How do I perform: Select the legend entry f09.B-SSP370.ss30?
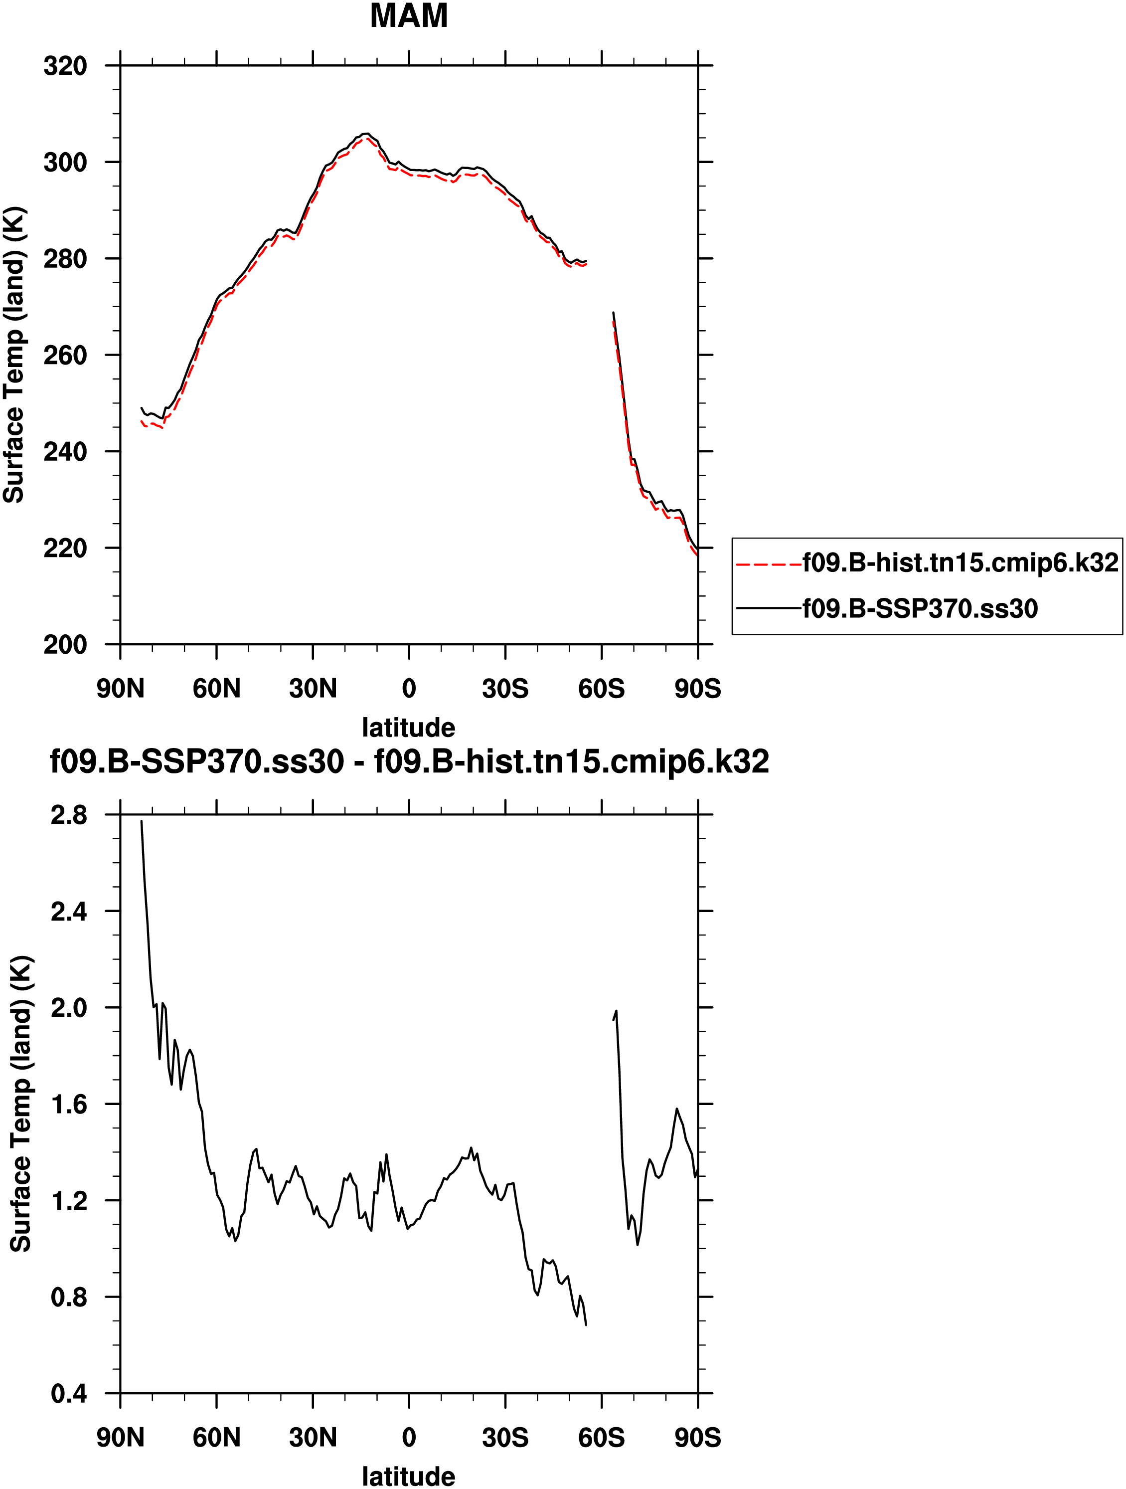(919, 608)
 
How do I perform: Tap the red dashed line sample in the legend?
(769, 564)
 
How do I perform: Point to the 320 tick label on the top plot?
(65, 66)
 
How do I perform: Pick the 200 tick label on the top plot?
(65, 645)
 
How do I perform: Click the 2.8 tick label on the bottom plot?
(69, 815)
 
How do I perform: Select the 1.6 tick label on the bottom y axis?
(69, 1105)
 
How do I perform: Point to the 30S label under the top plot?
(505, 689)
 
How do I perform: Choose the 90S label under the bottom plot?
(697, 1438)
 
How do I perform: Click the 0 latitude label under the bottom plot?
(409, 1438)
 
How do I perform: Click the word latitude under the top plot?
(409, 728)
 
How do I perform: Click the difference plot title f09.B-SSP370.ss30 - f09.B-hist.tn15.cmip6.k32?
(409, 762)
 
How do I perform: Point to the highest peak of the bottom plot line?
(142, 821)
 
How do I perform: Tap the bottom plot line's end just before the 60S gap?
(586, 1325)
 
